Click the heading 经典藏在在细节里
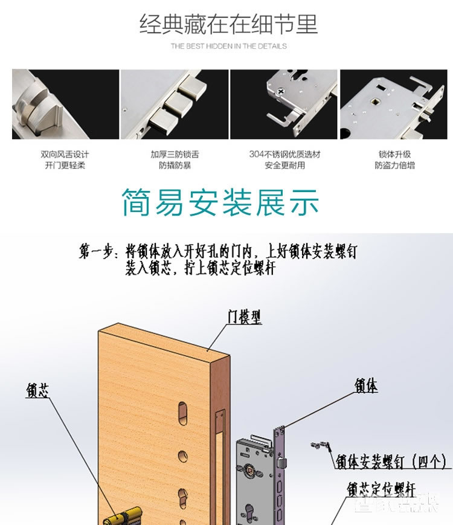click(228, 25)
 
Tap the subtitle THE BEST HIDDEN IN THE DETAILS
click(228, 46)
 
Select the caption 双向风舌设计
click(65, 155)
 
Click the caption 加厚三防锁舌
click(175, 155)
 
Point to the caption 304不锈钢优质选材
click(284, 155)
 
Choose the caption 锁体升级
click(394, 155)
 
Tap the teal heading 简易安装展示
click(220, 202)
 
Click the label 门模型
click(245, 317)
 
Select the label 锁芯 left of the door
click(37, 391)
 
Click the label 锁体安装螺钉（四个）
click(391, 462)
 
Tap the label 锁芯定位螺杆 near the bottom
click(381, 488)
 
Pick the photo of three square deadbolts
click(175, 104)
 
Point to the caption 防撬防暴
click(175, 166)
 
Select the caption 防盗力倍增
click(394, 166)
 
